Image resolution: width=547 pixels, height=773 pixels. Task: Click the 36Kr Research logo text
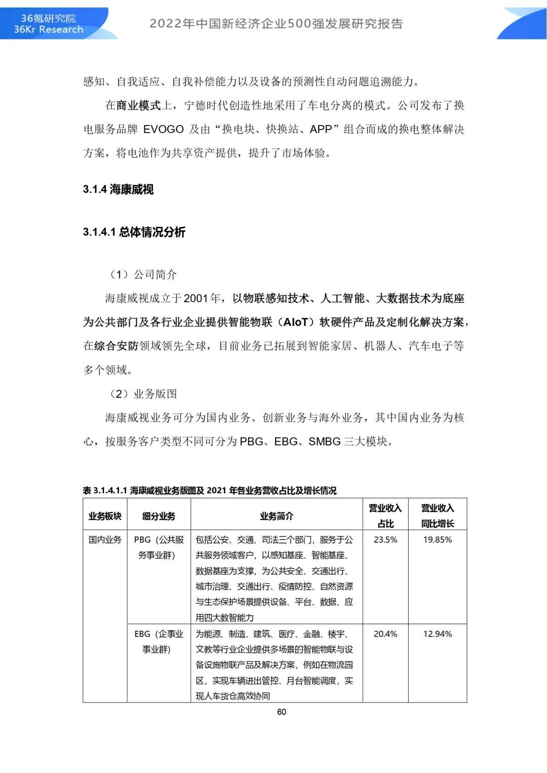(48, 29)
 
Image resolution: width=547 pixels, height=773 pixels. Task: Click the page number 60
(282, 712)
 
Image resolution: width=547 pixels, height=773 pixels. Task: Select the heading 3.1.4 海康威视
(118, 189)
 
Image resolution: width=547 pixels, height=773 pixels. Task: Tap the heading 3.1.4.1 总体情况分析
(134, 232)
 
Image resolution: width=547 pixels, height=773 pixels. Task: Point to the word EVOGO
(163, 129)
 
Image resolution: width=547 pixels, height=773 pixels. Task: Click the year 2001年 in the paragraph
(202, 298)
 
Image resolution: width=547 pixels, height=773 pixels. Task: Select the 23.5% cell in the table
(385, 540)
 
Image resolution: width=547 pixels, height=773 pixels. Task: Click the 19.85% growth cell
(438, 540)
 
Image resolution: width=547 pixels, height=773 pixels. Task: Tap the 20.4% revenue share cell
(385, 634)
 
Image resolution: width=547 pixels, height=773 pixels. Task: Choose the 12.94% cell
(438, 634)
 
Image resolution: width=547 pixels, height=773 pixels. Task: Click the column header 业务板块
(105, 516)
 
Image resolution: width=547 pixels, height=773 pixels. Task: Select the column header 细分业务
(159, 516)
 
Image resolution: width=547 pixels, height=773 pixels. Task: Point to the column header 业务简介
(276, 516)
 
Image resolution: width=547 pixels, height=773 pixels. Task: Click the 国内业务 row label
(105, 540)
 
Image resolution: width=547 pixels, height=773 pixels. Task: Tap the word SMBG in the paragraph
(324, 441)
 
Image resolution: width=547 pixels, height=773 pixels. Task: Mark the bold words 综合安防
(116, 346)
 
